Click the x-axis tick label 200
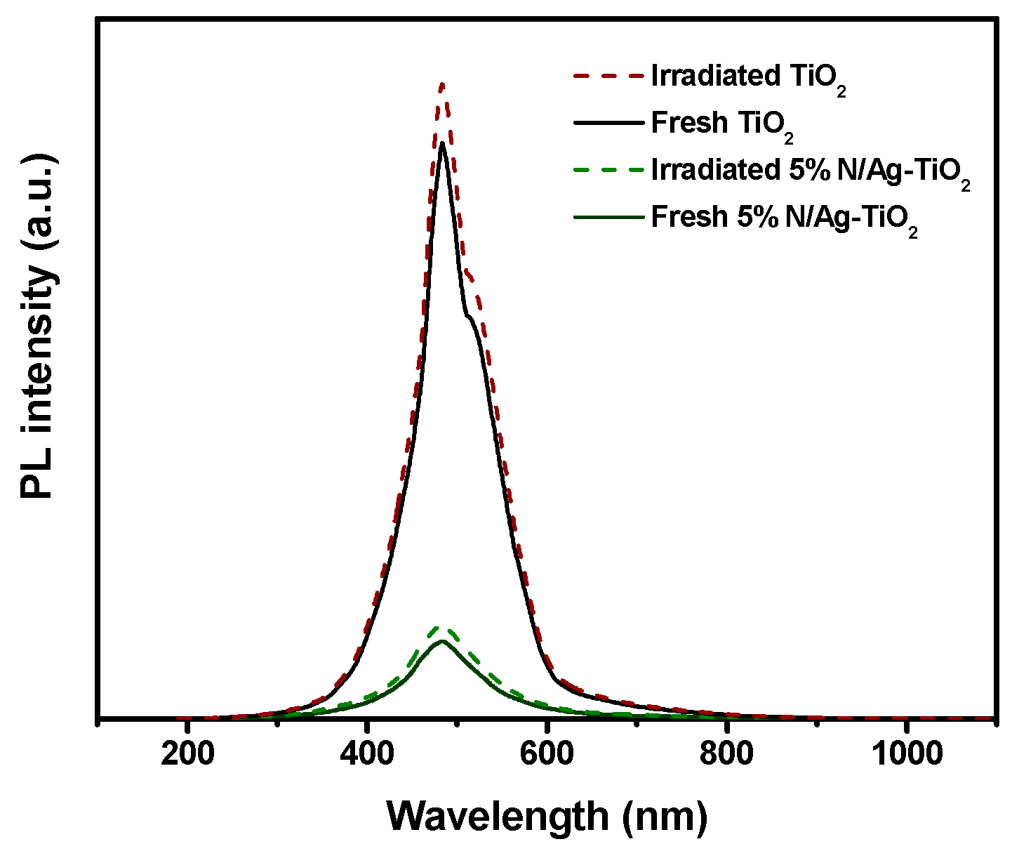click(x=187, y=756)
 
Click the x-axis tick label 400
click(x=367, y=756)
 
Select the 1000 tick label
click(x=906, y=756)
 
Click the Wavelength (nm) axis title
click(x=547, y=816)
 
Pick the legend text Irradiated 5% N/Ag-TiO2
click(x=810, y=171)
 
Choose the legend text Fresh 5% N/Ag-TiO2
click(x=784, y=218)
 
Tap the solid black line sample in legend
click(x=608, y=122)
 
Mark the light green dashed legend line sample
click(x=608, y=169)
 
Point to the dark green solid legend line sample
click(x=608, y=216)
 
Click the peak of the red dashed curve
click(x=442, y=84)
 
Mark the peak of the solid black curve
click(x=442, y=144)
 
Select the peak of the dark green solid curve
click(x=442, y=641)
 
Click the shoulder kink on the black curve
click(x=466, y=315)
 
